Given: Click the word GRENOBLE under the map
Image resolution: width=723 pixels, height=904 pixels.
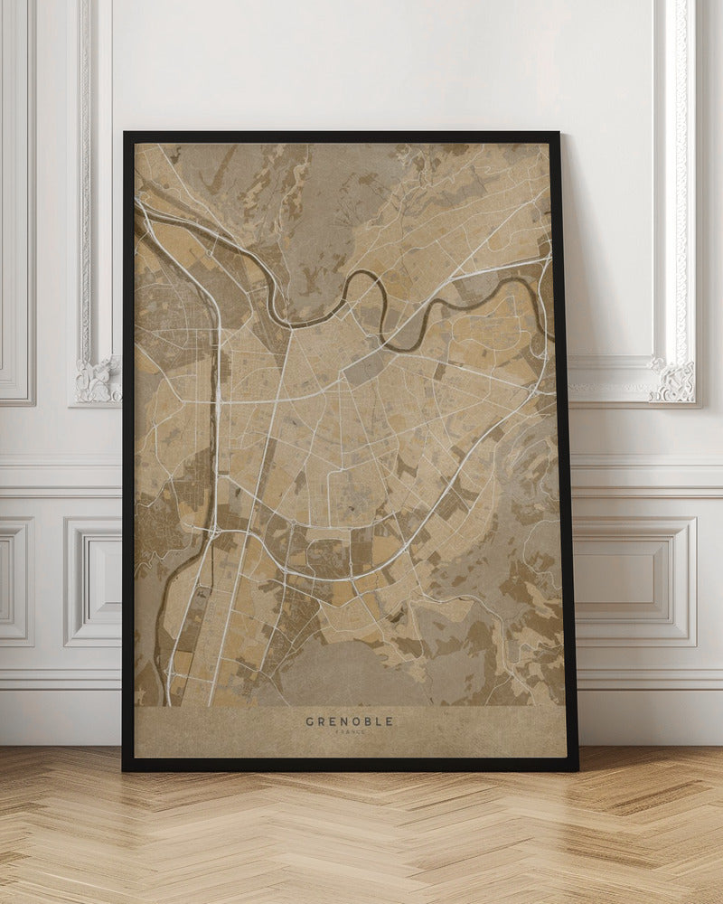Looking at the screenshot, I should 349,721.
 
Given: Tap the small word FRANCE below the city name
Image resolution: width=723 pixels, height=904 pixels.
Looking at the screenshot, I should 349,733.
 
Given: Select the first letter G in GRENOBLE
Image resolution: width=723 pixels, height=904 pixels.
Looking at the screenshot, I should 310,721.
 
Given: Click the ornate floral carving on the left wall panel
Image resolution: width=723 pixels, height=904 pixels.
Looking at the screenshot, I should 98,380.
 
